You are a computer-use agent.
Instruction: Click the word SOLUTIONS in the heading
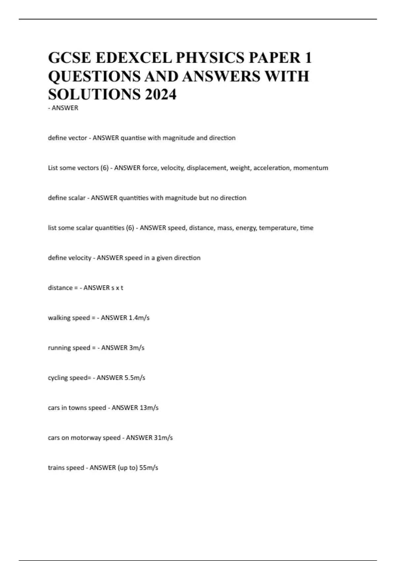(94, 94)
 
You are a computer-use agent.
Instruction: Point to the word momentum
(311, 168)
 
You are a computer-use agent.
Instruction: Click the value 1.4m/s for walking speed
(139, 318)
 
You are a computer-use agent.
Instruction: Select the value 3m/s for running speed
(137, 348)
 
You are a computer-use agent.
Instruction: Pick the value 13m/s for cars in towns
(149, 408)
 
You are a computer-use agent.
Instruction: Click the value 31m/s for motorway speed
(163, 438)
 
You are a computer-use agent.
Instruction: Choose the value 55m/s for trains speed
(149, 468)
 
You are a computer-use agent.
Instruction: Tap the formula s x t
(117, 288)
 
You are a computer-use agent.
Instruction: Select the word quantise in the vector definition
(133, 138)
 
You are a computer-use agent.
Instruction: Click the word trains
(56, 468)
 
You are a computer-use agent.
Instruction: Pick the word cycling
(58, 378)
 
